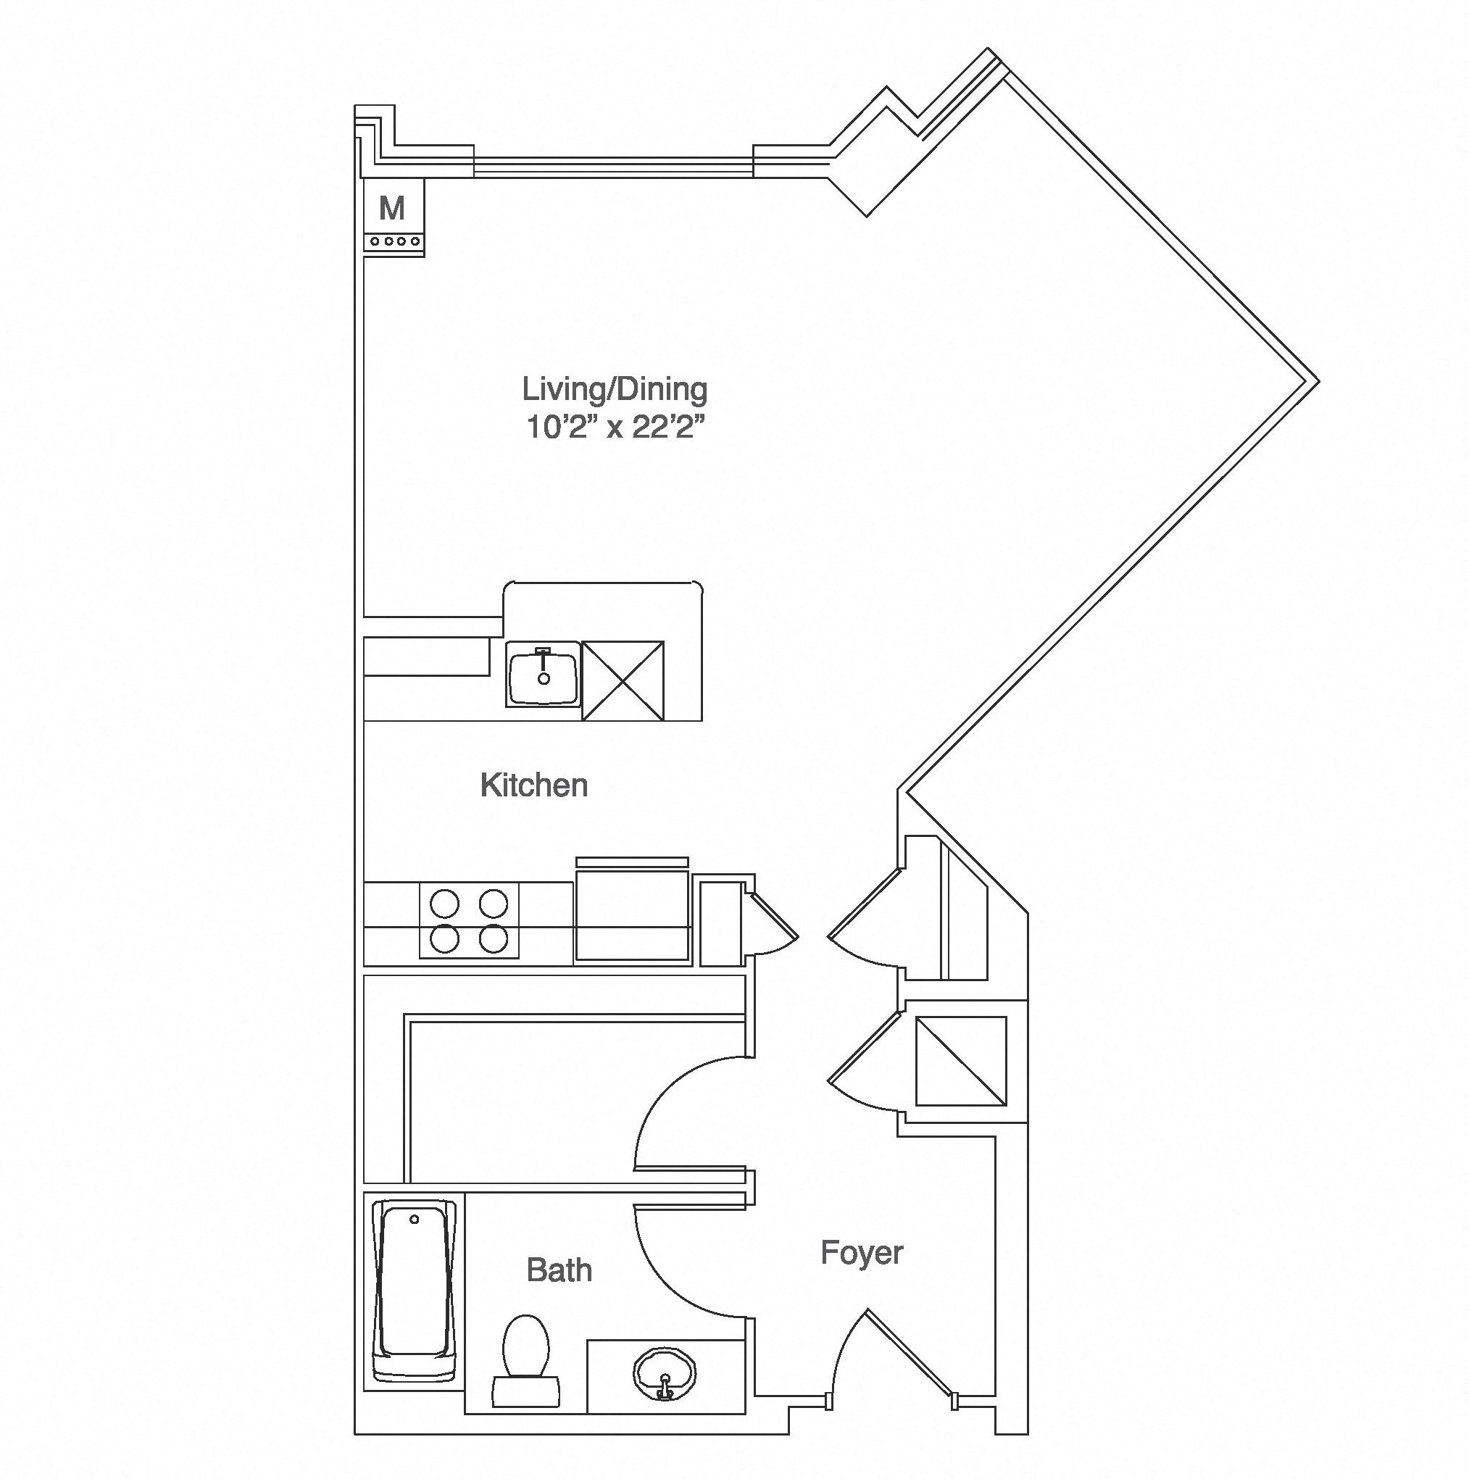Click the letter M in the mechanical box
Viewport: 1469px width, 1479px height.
[392, 207]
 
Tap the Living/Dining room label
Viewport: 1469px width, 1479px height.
[615, 390]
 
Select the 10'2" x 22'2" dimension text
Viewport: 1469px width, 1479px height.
[614, 428]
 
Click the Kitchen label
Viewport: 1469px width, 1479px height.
[533, 786]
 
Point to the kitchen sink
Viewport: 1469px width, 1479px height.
[543, 674]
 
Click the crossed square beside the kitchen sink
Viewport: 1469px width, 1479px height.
[623, 680]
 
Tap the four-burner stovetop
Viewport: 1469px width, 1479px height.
[468, 920]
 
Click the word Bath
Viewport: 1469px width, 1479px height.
[559, 1270]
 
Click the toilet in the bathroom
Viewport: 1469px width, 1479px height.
[526, 1360]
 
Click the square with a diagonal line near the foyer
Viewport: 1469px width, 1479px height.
[961, 1060]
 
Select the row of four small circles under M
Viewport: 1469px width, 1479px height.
[394, 241]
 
